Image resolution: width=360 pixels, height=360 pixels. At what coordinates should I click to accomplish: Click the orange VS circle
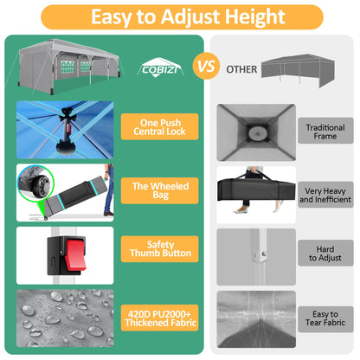206,66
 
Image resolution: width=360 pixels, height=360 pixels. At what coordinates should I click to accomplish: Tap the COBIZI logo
160,67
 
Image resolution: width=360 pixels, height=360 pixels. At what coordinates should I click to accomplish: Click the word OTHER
241,69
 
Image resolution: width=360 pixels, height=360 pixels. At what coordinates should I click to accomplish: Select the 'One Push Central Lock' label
159,126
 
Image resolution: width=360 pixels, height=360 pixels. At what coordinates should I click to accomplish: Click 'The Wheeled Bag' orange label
159,190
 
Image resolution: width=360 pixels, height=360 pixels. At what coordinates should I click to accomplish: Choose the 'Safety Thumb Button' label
159,249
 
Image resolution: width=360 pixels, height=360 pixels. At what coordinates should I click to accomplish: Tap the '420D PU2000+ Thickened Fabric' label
159,318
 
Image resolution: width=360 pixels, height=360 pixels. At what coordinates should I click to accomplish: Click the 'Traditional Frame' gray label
325,131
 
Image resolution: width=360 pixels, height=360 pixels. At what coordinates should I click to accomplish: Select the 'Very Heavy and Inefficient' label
325,195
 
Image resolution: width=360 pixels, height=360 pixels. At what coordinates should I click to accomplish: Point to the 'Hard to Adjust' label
325,253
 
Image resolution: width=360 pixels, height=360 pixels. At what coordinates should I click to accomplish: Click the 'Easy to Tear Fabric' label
325,319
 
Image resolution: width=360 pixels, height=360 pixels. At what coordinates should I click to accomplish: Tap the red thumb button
75,254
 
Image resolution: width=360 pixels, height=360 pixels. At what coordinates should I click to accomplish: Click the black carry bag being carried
256,190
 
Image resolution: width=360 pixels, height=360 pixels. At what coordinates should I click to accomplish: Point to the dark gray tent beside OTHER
298,69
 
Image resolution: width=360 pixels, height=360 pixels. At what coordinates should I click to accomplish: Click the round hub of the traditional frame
257,133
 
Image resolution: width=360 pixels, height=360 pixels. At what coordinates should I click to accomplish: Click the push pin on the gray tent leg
264,254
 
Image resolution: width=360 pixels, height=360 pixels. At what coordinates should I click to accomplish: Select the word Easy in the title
111,16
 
